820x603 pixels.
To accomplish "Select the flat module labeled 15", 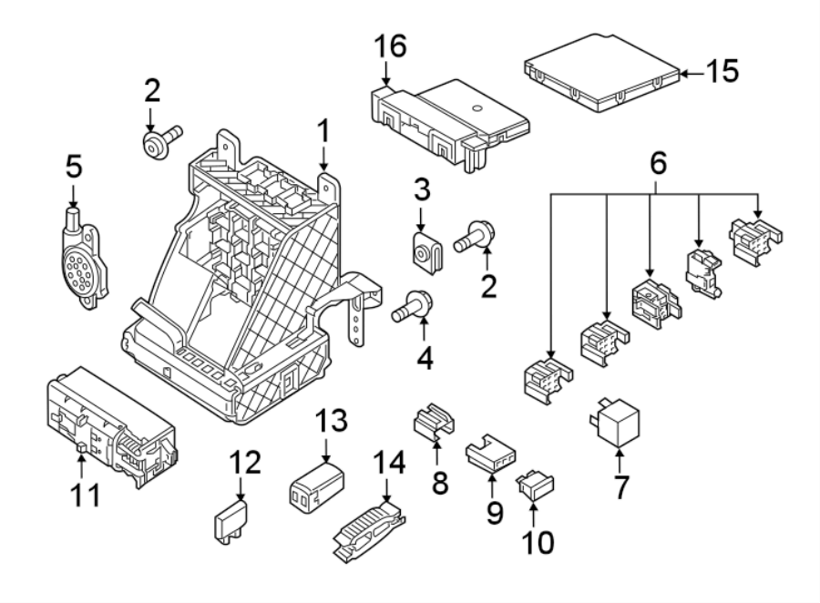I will [602, 73].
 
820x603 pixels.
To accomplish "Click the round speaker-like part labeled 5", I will [81, 256].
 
